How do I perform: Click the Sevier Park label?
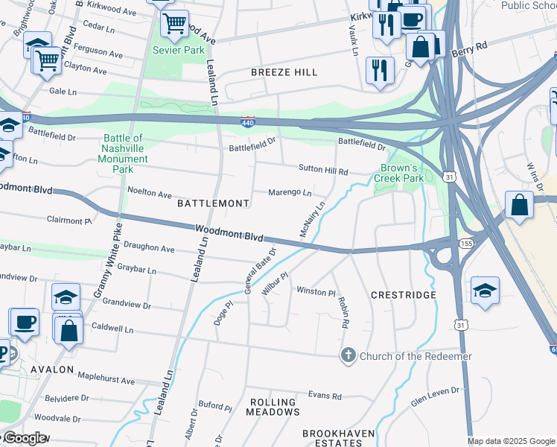(178, 50)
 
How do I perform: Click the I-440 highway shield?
(249, 122)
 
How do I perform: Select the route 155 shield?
(466, 244)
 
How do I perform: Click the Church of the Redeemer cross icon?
(348, 355)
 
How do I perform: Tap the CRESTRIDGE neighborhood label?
(404, 295)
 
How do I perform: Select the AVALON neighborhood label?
(51, 369)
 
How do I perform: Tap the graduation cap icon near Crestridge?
(485, 291)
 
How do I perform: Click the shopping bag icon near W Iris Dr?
(519, 205)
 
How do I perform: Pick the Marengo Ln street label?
(290, 192)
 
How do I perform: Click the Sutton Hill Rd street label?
(323, 171)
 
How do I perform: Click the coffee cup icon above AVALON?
(25, 322)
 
